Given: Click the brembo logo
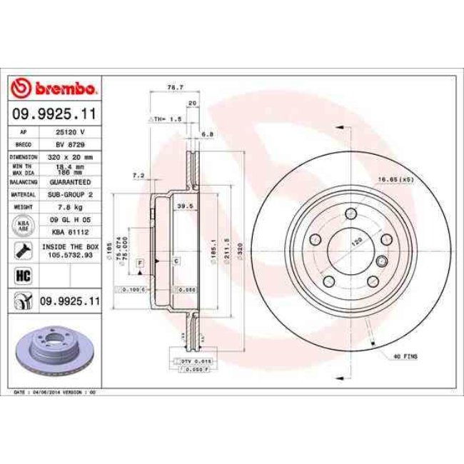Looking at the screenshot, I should tap(54, 88).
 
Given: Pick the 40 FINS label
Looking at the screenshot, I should tap(404, 355).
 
